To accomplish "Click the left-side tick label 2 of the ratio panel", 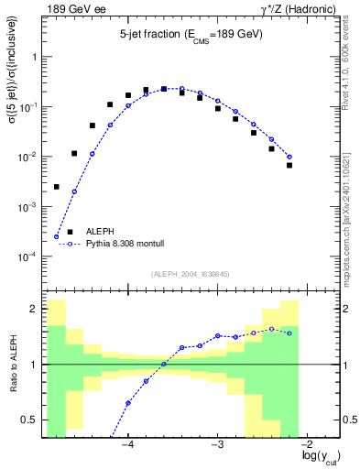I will [x=35, y=310].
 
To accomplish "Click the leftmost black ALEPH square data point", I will [x=56, y=187].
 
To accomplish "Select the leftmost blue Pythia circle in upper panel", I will [x=56, y=237].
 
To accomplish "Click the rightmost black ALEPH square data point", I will [x=289, y=165].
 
